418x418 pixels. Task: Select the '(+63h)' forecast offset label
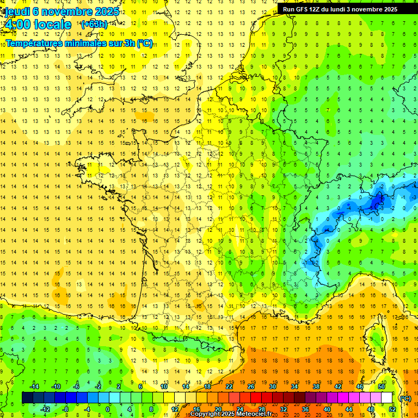pyautogui.click(x=94, y=24)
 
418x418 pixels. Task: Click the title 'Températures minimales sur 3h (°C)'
pyautogui.click(x=79, y=43)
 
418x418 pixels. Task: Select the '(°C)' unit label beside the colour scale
pyautogui.click(x=404, y=398)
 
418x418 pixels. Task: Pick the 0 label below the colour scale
pyautogui.click(x=108, y=409)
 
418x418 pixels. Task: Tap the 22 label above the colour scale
pyautogui.click(x=229, y=386)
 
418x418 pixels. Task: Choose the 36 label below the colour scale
pyautogui.click(x=305, y=409)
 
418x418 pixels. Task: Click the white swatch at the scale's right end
pyautogui.click(x=386, y=398)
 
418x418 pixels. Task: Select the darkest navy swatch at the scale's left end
pyautogui.click(x=28, y=398)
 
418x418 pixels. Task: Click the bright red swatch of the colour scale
pyautogui.click(x=256, y=398)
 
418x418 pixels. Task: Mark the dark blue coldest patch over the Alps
pyautogui.click(x=376, y=202)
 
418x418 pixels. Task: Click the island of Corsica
pyautogui.click(x=374, y=340)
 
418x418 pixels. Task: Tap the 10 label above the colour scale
pyautogui.click(x=164, y=386)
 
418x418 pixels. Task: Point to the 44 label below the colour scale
pyautogui.click(x=348, y=409)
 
